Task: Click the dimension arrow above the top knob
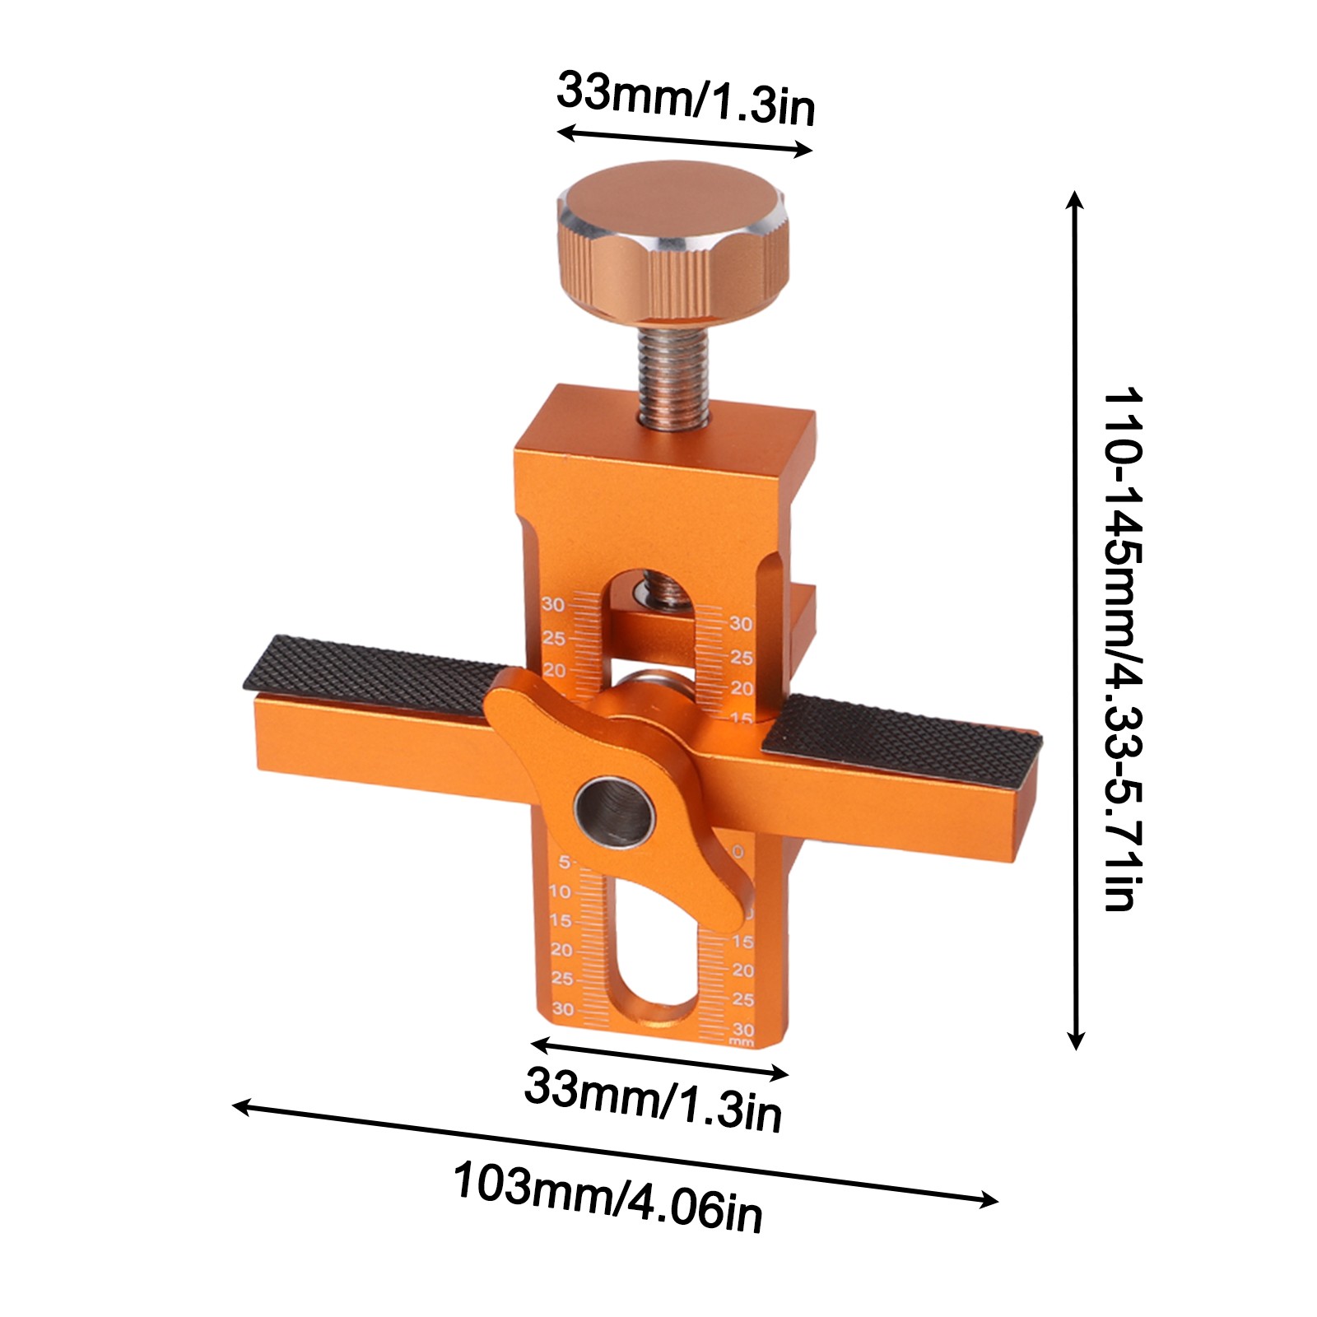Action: click(685, 141)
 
